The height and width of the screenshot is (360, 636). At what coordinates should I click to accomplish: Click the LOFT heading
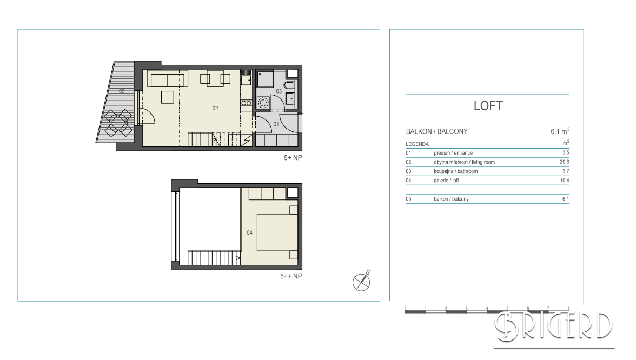(488, 106)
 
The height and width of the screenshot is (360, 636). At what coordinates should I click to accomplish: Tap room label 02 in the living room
(215, 108)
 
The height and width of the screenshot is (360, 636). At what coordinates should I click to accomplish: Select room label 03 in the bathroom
(279, 91)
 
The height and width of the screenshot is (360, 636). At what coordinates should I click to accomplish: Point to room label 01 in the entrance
(276, 124)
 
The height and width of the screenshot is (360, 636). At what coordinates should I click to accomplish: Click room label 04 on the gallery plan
(249, 232)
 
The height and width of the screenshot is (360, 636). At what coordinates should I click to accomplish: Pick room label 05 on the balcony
(122, 91)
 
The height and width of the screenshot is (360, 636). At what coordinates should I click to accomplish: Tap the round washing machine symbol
(263, 103)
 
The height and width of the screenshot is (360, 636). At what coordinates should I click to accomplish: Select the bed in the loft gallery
(277, 232)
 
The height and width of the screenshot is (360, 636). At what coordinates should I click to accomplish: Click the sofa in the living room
(167, 79)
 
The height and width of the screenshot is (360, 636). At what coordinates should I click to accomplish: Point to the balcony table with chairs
(118, 123)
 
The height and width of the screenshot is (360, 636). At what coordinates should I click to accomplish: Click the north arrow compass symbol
(361, 281)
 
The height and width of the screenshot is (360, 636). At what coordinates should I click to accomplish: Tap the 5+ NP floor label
(293, 158)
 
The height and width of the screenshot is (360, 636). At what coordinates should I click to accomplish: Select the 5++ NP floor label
(291, 276)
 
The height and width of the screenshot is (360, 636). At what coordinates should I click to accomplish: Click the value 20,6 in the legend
(564, 162)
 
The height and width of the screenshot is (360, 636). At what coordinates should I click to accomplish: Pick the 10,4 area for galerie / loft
(564, 181)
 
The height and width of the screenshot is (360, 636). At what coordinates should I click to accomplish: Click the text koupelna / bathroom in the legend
(455, 171)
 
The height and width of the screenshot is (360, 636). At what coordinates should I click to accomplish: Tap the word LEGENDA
(417, 144)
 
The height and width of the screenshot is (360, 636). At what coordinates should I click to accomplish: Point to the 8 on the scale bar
(568, 309)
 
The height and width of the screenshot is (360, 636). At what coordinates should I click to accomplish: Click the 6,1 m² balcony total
(560, 131)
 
